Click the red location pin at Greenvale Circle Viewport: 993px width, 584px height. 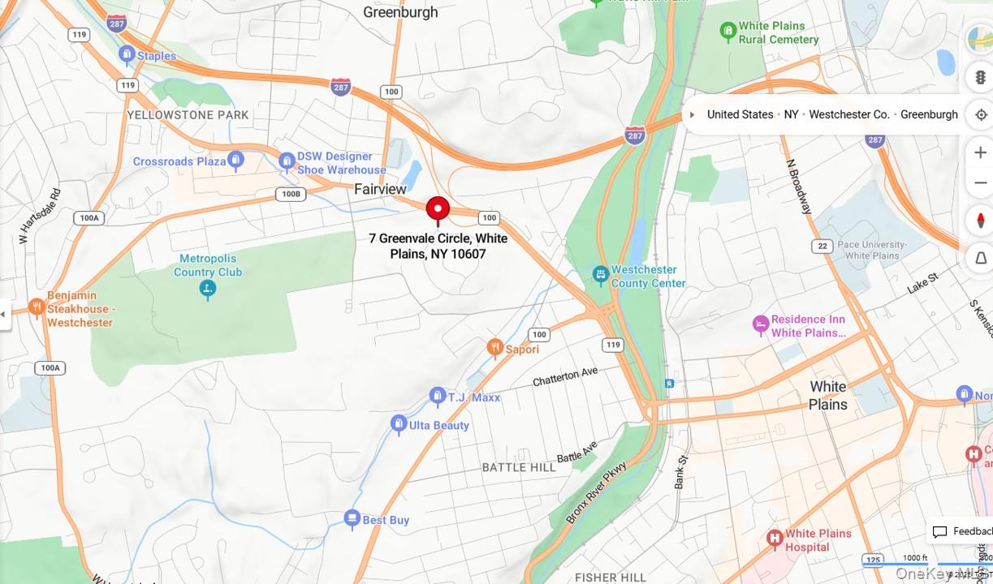438,208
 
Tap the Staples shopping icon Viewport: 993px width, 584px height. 126,54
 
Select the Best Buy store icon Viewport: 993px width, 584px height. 352,518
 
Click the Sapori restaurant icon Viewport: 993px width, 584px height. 494,348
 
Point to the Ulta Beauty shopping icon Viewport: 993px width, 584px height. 398,423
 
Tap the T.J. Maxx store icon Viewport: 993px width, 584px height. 437,396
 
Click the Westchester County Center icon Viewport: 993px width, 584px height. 600,275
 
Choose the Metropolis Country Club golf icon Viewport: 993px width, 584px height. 207,288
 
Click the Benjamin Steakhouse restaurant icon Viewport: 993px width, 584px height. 36,307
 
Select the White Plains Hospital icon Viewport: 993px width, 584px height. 774,537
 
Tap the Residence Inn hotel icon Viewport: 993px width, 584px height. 760,324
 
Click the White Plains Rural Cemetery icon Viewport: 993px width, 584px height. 727,32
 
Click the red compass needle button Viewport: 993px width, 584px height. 980,221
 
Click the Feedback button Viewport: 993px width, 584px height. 961,531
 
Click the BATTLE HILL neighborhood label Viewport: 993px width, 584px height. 519,467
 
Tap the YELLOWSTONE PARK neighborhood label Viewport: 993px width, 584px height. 188,115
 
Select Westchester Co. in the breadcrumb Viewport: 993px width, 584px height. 849,114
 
